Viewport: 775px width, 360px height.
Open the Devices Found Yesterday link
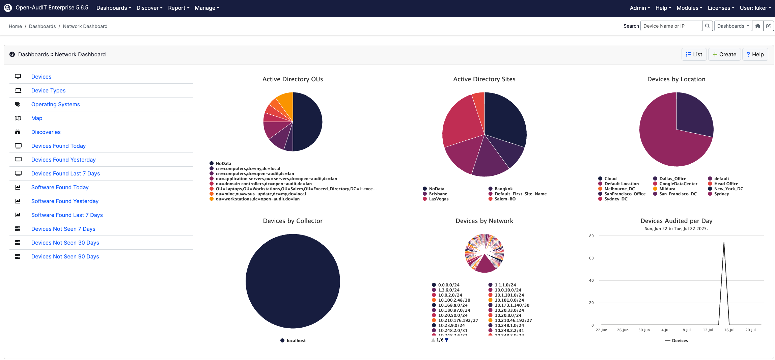pos(63,160)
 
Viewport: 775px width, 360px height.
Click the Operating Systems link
pos(55,104)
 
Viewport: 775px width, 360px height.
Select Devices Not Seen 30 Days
pos(65,243)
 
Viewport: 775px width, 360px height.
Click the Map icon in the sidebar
pos(18,118)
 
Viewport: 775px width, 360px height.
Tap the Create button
pos(724,54)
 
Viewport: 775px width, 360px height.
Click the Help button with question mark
pos(755,54)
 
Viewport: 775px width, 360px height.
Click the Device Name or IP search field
pos(671,26)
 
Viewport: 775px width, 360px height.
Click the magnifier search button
pos(707,26)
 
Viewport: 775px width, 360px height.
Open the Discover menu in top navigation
pos(149,8)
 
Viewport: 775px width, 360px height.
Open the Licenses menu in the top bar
pos(721,8)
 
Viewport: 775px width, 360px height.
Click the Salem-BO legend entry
pos(505,199)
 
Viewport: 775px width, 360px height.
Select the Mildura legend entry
pos(667,189)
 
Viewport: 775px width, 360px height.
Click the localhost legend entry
pos(296,341)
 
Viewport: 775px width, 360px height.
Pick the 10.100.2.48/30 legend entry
pos(454,300)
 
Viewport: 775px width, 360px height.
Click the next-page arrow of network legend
pos(447,340)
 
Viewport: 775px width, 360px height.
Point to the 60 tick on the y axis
pos(591,258)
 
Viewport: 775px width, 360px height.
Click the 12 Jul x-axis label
pos(708,330)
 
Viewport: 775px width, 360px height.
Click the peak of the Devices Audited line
pos(724,242)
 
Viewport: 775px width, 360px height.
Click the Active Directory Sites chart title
pos(484,79)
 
